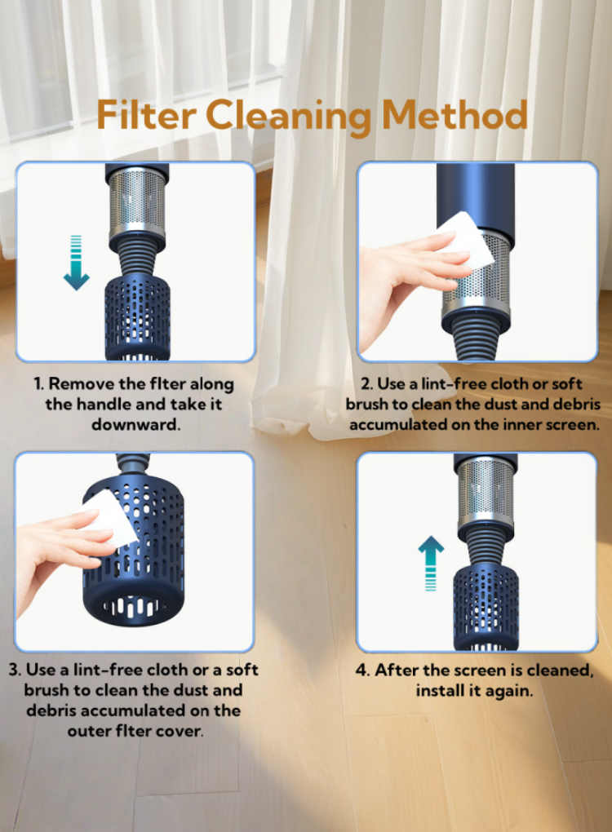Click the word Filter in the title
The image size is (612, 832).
[x=147, y=115]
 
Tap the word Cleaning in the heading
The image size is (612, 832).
[x=288, y=117]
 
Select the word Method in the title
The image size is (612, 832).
[x=455, y=115]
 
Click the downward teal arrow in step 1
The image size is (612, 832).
[x=77, y=263]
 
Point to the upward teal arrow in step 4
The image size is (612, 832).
[x=431, y=563]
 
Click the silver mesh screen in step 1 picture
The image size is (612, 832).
[x=137, y=202]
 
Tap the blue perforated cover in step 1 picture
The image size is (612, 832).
[x=137, y=317]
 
